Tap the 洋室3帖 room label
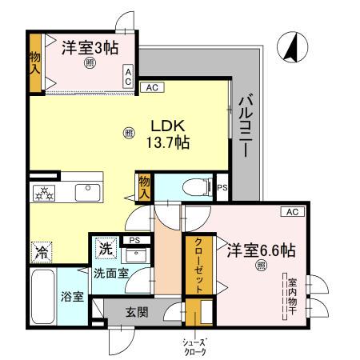point(90,47)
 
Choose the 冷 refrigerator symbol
point(41,251)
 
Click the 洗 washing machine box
point(105,250)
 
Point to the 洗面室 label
point(110,273)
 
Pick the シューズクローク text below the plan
point(195,346)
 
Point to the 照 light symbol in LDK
point(129,134)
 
